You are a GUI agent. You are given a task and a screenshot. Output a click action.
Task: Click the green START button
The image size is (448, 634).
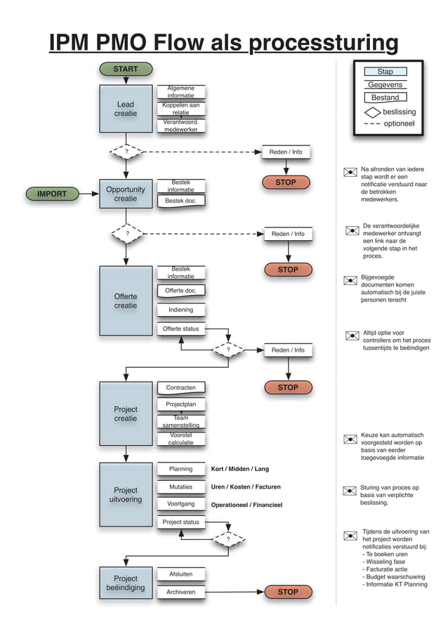(x=126, y=69)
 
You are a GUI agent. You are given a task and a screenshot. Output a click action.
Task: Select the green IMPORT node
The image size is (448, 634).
(x=52, y=194)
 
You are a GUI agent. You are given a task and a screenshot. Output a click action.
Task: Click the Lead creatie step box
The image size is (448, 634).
(x=126, y=109)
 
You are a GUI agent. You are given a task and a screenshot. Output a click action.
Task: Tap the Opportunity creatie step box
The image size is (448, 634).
(x=126, y=194)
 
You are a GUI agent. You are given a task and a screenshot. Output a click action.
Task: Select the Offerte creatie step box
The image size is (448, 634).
(x=126, y=301)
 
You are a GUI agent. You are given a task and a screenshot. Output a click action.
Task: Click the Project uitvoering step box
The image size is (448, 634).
(x=126, y=494)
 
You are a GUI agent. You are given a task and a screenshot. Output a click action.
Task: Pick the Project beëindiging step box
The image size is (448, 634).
(x=126, y=583)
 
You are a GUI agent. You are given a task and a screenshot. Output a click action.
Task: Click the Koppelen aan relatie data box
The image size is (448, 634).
(x=180, y=109)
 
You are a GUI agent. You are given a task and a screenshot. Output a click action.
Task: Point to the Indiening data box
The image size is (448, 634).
(x=180, y=310)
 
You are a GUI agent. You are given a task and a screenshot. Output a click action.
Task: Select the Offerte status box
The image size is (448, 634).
(x=180, y=329)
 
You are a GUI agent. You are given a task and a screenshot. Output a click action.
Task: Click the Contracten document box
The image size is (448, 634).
(x=180, y=388)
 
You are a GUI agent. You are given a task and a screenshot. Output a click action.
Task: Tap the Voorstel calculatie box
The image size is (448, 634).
(x=180, y=439)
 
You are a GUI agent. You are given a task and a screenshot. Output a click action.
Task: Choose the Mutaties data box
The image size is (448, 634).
(x=180, y=487)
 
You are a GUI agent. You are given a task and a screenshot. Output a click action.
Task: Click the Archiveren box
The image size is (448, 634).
(x=180, y=592)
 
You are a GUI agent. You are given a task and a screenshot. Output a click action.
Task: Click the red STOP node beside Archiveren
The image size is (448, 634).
(x=288, y=592)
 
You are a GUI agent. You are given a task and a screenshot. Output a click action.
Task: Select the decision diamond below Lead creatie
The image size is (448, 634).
(x=126, y=151)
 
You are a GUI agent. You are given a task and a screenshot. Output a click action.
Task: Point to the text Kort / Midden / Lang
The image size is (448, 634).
(x=239, y=469)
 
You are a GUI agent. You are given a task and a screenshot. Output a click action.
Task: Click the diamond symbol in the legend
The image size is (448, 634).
(x=372, y=112)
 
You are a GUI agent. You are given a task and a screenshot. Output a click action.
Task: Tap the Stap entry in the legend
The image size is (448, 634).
(x=385, y=72)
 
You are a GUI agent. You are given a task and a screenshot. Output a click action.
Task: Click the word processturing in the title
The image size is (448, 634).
(x=324, y=44)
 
